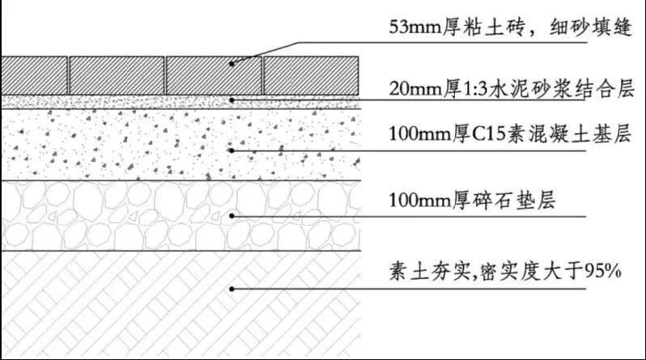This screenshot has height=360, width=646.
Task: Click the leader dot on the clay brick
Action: pyautogui.click(x=232, y=63)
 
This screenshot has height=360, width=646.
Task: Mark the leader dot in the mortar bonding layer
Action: pyautogui.click(x=232, y=100)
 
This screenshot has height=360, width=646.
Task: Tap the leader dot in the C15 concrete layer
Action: pyautogui.click(x=232, y=150)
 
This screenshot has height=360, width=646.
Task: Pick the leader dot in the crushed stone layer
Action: pyautogui.click(x=232, y=215)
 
